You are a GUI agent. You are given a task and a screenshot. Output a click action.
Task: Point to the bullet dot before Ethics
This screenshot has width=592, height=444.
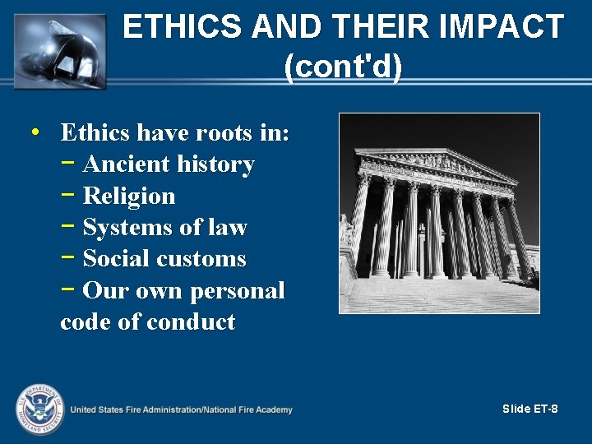[x=34, y=132]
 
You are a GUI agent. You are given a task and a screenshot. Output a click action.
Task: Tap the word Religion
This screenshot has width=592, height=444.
[x=129, y=197]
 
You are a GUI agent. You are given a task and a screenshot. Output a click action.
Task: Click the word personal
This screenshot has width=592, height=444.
[x=238, y=291]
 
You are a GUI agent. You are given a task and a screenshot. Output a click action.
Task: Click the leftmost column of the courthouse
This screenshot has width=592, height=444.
[x=359, y=222]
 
